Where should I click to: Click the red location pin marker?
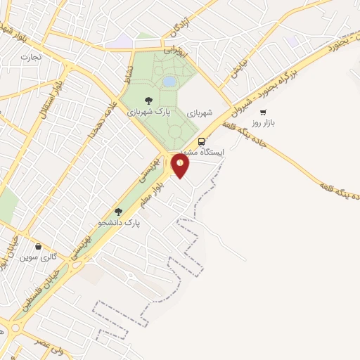pos(180,166)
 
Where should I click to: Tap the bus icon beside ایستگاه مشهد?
pos(202,140)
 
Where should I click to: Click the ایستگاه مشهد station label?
pos(205,152)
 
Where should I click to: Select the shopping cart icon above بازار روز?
pos(263,112)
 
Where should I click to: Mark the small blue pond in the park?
pos(169,82)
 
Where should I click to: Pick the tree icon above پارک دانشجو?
pos(118,211)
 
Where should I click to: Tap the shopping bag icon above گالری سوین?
pos(38,247)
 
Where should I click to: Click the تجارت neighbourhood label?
pos(31,56)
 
